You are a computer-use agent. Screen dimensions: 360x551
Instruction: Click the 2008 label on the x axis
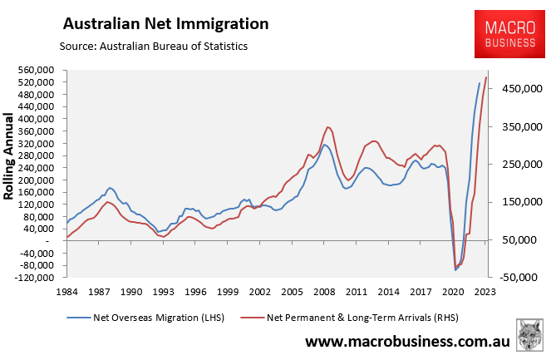click(x=324, y=292)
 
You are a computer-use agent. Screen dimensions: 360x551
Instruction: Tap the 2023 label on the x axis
click(x=485, y=292)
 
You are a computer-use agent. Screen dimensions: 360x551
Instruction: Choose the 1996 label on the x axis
click(x=195, y=292)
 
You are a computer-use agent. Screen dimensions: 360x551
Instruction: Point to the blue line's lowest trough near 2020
click(x=455, y=270)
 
